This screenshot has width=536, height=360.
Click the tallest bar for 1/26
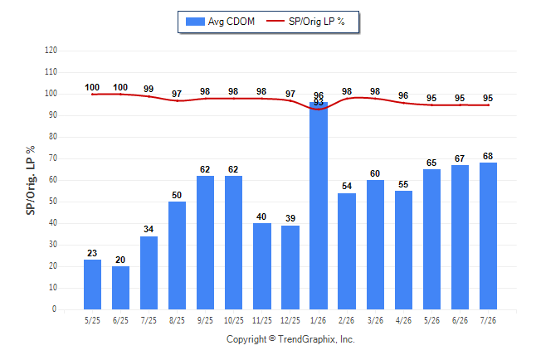[x=319, y=206]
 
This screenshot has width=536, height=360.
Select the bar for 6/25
[x=120, y=288]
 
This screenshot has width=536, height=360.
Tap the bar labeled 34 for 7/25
[x=149, y=273]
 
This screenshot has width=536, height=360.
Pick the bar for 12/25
[x=290, y=267]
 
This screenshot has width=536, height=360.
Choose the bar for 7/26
[x=488, y=236]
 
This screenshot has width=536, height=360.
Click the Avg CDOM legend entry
[x=220, y=22]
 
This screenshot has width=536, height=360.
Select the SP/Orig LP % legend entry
[x=305, y=22]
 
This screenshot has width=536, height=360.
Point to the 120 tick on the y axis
[x=51, y=51]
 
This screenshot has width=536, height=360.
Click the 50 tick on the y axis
[x=53, y=202]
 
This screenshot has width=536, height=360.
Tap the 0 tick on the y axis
[x=54, y=309]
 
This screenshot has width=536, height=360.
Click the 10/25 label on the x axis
[x=233, y=320]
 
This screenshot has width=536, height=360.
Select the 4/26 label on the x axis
[x=403, y=320]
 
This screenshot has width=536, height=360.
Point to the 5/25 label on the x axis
[x=92, y=320]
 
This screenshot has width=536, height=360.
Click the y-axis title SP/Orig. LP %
[x=31, y=180]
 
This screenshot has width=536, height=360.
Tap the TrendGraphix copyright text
[x=290, y=339]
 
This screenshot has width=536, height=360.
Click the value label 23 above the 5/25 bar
[x=92, y=253]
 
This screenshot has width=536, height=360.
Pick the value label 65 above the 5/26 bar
[x=431, y=163]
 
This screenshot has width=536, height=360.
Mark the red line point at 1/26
[x=319, y=109]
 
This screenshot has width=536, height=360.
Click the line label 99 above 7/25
[x=149, y=89]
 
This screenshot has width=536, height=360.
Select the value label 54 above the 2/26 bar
[x=347, y=186]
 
